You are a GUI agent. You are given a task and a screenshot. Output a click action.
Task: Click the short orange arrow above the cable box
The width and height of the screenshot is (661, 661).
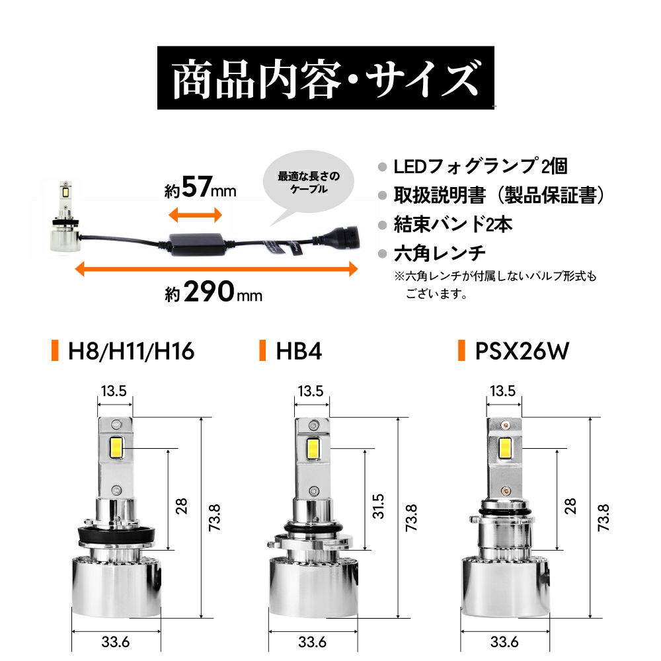tap(195, 214)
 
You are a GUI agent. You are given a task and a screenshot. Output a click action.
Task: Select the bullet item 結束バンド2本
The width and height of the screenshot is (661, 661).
tap(453, 224)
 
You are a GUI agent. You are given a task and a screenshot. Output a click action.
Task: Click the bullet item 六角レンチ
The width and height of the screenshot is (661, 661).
tap(440, 253)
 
